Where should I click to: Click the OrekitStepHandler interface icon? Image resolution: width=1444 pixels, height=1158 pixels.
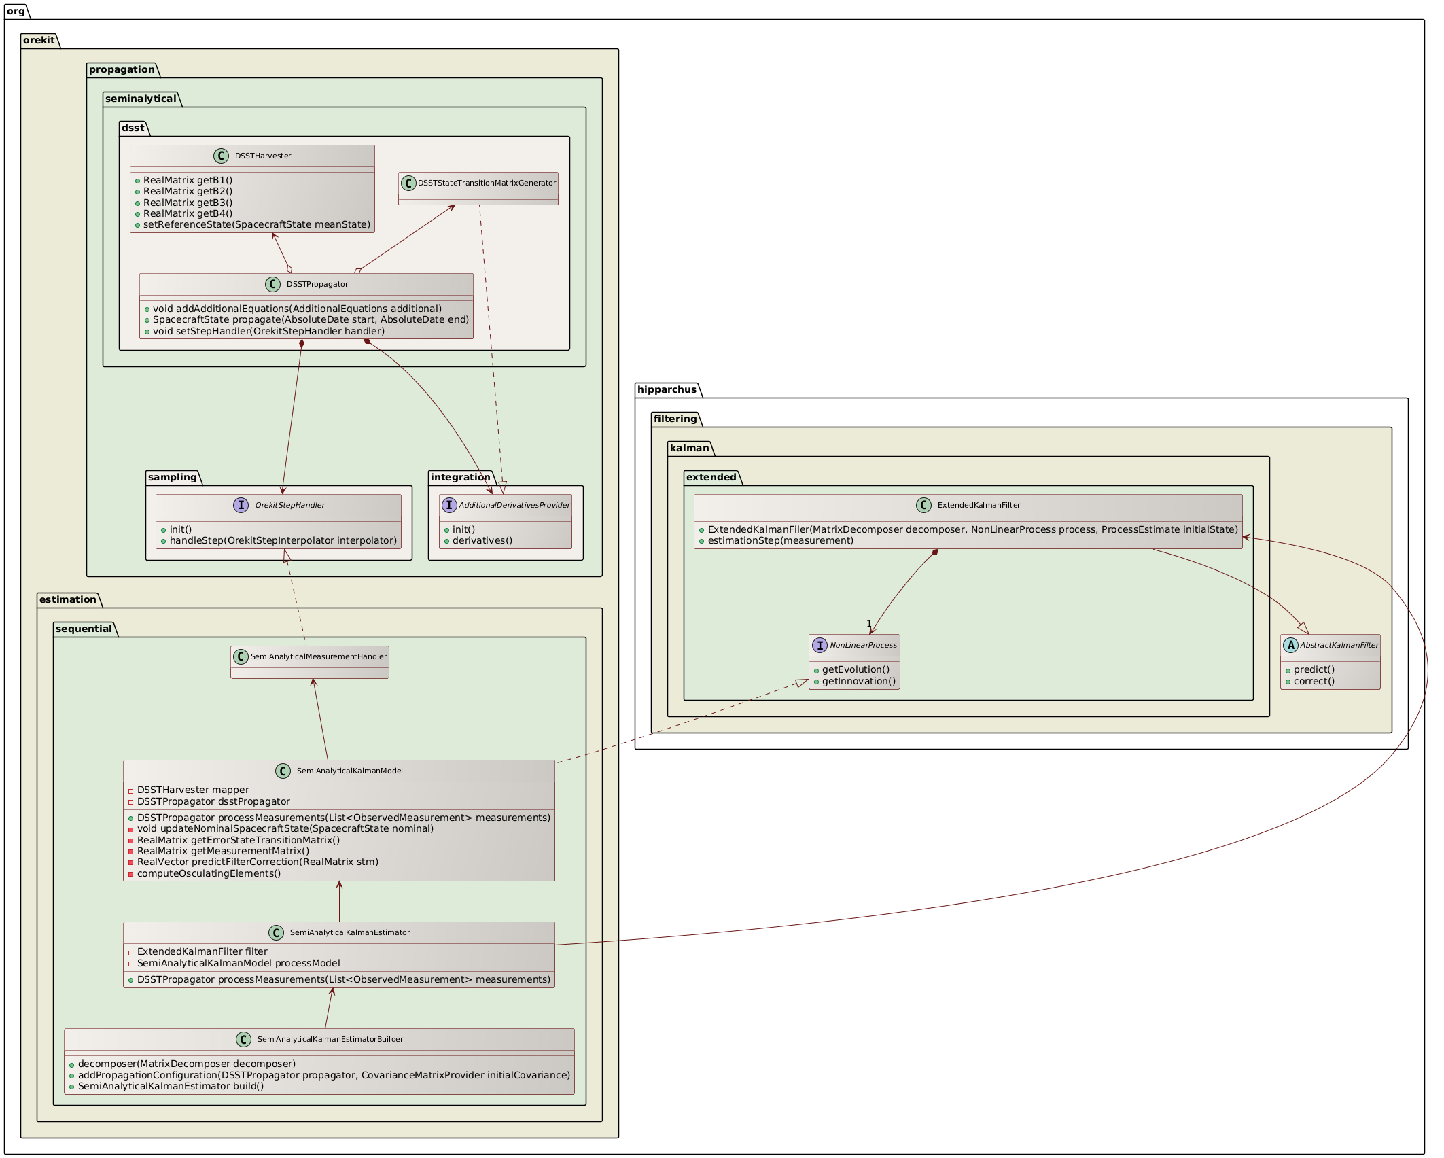(x=241, y=505)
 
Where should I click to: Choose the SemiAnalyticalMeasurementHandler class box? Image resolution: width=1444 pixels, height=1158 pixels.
(x=310, y=661)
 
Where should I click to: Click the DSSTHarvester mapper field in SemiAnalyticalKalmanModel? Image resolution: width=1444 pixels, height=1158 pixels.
(x=193, y=790)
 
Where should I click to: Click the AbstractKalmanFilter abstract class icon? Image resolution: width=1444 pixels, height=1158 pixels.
(x=1290, y=645)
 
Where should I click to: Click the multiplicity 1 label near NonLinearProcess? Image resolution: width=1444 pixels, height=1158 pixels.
(x=868, y=623)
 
